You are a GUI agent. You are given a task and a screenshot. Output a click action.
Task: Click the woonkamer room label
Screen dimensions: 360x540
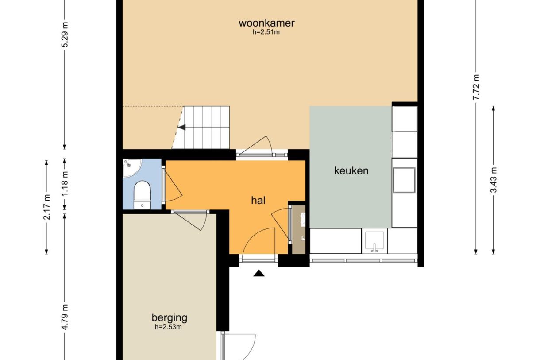[x=266, y=23]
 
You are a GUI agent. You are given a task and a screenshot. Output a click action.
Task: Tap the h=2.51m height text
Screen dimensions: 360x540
[x=266, y=32]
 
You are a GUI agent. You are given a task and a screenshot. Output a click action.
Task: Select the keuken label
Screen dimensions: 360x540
[x=351, y=170]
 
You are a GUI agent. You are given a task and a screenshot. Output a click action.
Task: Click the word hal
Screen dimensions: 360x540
[x=258, y=201]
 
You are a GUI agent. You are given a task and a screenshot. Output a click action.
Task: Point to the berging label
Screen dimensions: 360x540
[x=170, y=317]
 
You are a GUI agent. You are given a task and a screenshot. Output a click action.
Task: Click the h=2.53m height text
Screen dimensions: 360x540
[x=169, y=327]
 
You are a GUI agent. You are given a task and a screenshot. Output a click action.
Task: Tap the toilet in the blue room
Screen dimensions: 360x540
[x=143, y=194]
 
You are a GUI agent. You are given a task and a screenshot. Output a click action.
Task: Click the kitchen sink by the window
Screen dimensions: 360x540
[x=374, y=241]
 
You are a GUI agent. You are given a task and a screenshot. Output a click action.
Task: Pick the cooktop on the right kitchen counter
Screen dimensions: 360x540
[x=404, y=180]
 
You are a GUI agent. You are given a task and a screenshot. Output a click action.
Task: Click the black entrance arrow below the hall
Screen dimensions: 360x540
[x=259, y=274]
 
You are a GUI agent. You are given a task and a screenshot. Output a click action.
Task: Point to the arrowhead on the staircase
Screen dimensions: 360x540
[x=182, y=128]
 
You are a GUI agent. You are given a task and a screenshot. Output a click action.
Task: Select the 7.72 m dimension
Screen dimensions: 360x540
[x=476, y=88]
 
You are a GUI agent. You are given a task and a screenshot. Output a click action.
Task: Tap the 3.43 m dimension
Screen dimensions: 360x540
[x=494, y=180]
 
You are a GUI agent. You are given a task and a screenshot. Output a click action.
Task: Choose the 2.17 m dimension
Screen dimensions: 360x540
[x=46, y=207]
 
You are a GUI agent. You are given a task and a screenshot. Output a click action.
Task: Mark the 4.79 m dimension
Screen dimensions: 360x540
[x=65, y=317]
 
